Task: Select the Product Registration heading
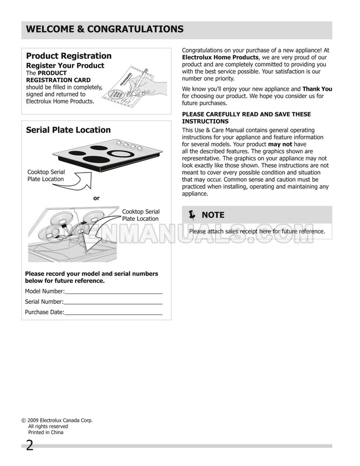point(69,56)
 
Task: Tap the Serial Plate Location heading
point(69,130)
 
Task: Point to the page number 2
point(28,446)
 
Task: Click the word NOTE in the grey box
point(213,215)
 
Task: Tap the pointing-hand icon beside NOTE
point(192,215)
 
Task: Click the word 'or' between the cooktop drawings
point(96,198)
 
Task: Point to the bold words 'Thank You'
point(317,89)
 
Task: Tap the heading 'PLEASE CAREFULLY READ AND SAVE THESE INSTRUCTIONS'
point(247,117)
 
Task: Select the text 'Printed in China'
point(46,432)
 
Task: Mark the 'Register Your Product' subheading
point(65,66)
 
